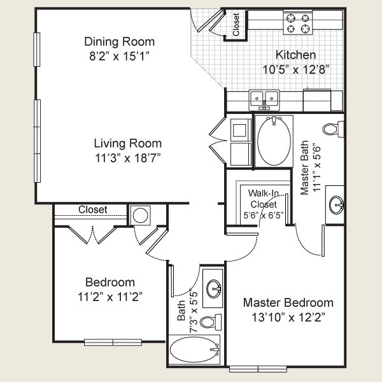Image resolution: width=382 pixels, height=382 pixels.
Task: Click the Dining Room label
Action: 120,41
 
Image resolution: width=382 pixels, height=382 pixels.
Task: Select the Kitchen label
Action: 295,55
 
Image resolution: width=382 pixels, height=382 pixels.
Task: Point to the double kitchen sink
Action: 265,99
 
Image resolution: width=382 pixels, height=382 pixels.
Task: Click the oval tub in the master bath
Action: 274,141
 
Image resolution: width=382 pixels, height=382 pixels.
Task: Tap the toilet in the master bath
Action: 332,129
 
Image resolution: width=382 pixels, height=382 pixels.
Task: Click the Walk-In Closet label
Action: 262,199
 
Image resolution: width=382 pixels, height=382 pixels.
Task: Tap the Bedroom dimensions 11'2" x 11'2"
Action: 110,296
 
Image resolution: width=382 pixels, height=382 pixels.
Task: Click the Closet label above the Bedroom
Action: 93,209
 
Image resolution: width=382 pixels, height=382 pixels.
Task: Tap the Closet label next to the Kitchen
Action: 236,24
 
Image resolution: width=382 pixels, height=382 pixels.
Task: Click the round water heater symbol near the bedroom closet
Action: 140,215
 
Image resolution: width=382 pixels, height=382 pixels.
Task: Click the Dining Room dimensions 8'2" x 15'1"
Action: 120,55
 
